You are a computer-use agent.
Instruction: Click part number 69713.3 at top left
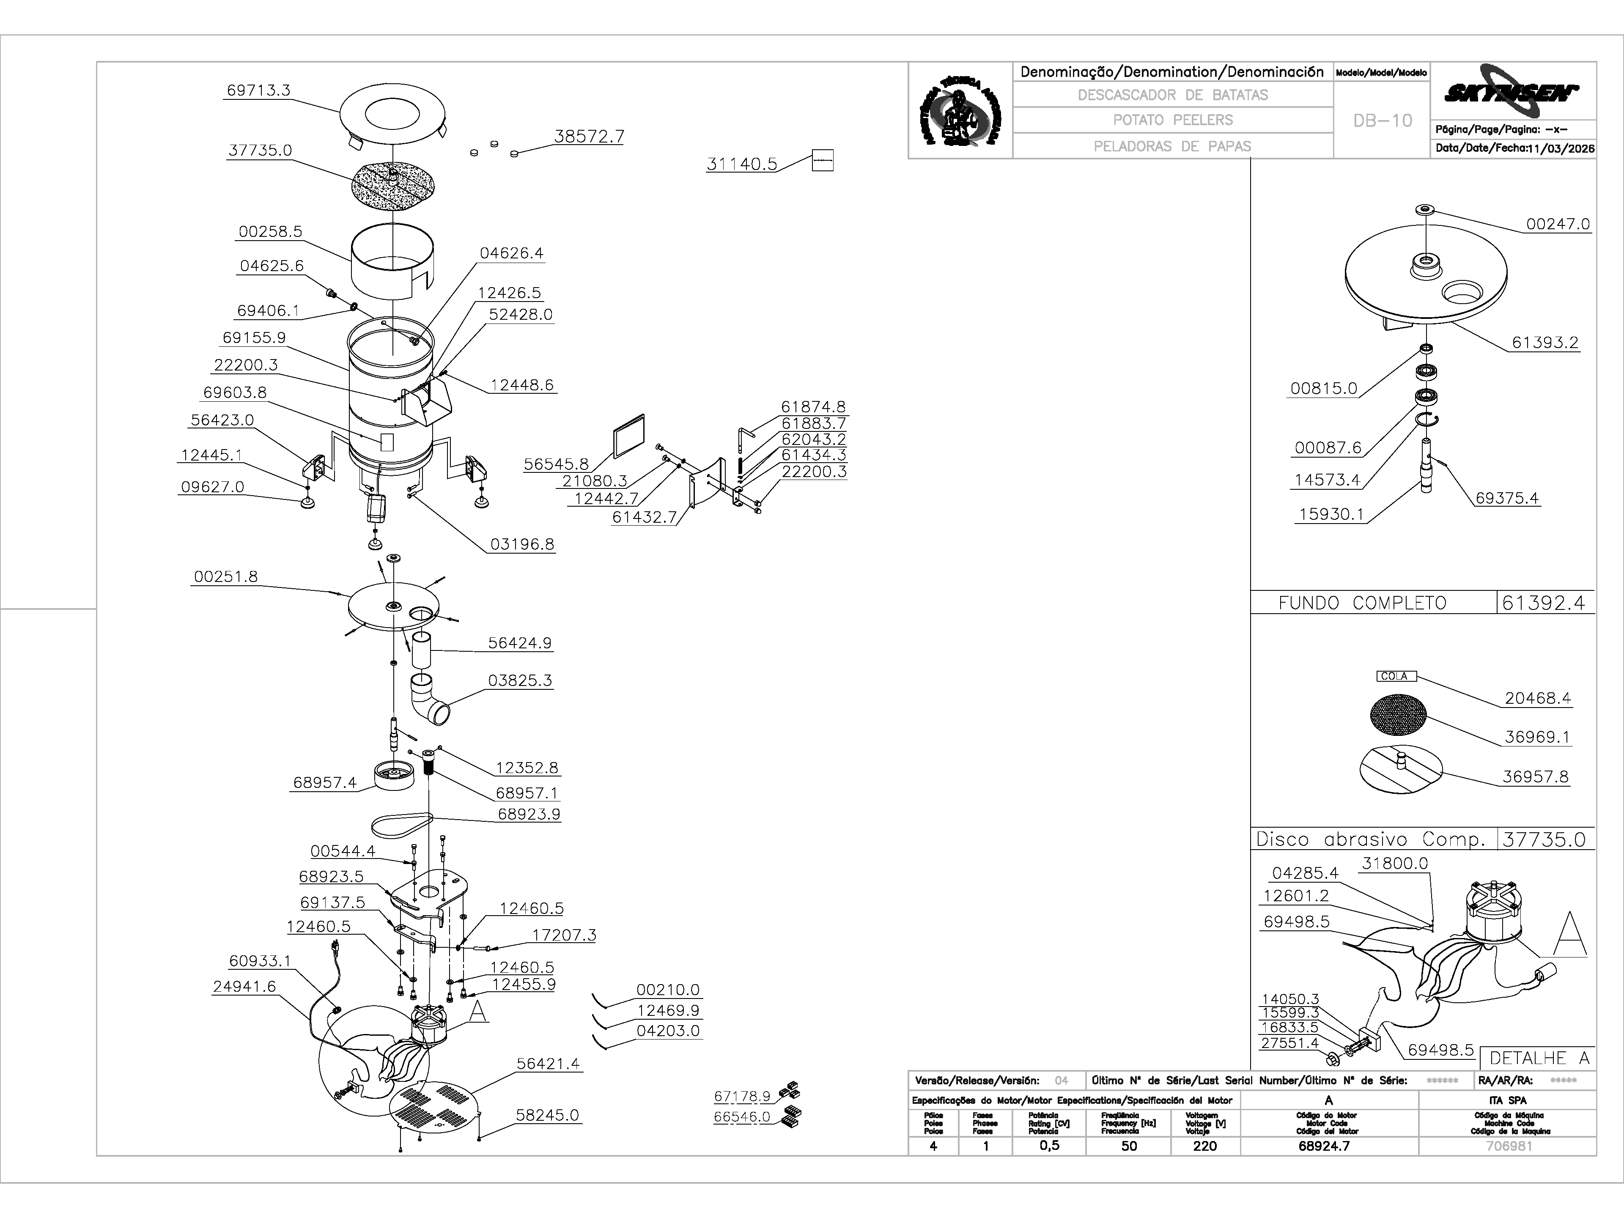click(258, 91)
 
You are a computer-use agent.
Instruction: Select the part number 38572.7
click(589, 137)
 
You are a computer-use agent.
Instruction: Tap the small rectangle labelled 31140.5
click(822, 161)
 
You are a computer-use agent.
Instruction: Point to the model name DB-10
click(1383, 121)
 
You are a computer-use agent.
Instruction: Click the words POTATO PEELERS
click(1172, 120)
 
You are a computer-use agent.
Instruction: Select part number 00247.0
click(1558, 224)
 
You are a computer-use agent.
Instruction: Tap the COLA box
click(1395, 676)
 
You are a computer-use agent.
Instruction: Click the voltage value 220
click(1205, 1146)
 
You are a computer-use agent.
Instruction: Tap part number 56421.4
click(548, 1063)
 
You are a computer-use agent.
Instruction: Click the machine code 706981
click(1509, 1146)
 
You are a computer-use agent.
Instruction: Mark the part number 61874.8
click(813, 407)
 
